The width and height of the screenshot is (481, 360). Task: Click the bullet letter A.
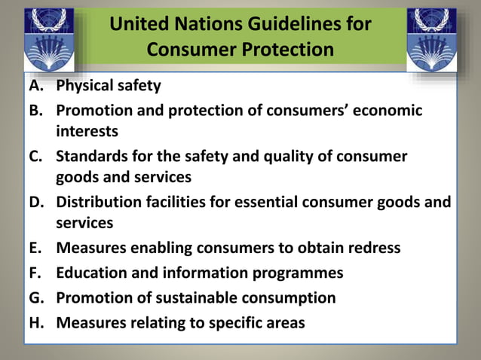click(x=36, y=86)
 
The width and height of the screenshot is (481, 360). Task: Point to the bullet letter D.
click(x=37, y=202)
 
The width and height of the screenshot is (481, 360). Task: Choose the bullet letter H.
click(x=37, y=323)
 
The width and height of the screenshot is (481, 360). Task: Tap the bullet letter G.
click(x=37, y=297)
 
